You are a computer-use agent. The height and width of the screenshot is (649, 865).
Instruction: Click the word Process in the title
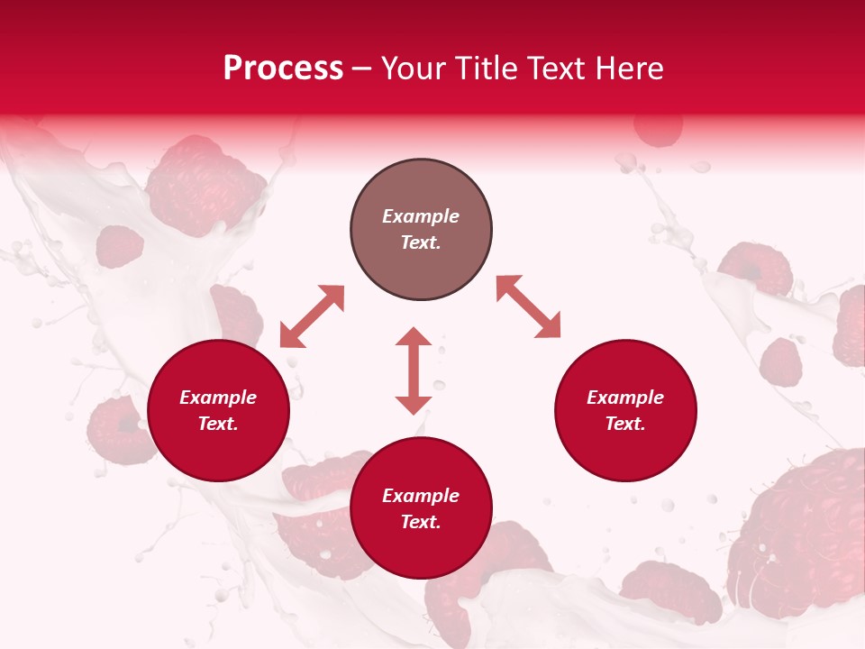tap(283, 69)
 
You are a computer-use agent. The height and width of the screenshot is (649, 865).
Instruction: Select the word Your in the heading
tap(414, 69)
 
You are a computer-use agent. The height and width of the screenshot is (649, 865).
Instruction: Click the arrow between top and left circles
tap(313, 316)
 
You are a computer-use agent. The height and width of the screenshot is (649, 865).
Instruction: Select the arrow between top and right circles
tap(529, 306)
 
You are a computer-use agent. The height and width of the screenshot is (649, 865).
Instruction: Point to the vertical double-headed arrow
tap(414, 370)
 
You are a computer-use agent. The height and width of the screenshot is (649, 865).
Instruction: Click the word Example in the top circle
tap(421, 216)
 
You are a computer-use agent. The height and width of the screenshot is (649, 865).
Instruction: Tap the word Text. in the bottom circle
tap(421, 522)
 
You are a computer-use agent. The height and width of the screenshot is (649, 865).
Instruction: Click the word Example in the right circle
tap(625, 398)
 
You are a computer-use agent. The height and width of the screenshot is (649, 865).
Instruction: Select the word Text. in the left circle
tap(218, 424)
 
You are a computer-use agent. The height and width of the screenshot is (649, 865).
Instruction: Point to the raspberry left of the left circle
tap(117, 431)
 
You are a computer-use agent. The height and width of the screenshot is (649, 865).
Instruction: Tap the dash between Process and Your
tap(362, 69)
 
